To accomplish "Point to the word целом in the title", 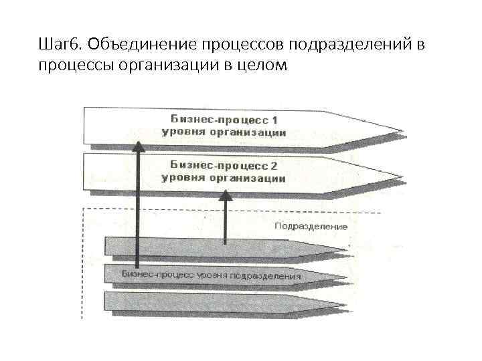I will click(266, 66).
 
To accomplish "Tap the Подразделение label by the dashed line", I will click(311, 226).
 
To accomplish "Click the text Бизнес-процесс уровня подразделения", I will click(211, 275).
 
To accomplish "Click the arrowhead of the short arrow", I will click(226, 195).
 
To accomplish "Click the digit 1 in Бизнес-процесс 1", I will click(274, 120).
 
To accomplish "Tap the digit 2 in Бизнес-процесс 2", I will click(274, 164).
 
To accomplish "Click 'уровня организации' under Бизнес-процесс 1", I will click(224, 132).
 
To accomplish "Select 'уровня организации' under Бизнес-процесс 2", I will click(224, 178).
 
